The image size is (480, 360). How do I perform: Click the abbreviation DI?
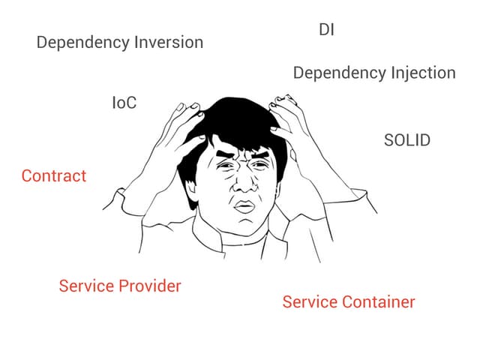(326, 30)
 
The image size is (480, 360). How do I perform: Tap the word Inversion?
(169, 42)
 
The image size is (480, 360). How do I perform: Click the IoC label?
(124, 103)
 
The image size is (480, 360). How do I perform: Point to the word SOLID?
(407, 140)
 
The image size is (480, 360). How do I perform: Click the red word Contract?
(54, 176)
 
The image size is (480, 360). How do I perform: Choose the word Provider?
(150, 286)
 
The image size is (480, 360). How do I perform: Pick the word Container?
(378, 301)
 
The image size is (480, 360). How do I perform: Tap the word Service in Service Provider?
(86, 286)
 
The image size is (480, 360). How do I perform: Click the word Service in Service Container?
(310, 301)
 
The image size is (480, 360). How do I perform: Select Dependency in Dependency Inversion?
(82, 43)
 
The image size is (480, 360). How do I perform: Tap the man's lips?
(244, 207)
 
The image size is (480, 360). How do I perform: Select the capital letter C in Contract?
(27, 176)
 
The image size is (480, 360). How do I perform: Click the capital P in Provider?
(124, 286)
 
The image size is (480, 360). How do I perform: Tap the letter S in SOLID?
(389, 140)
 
